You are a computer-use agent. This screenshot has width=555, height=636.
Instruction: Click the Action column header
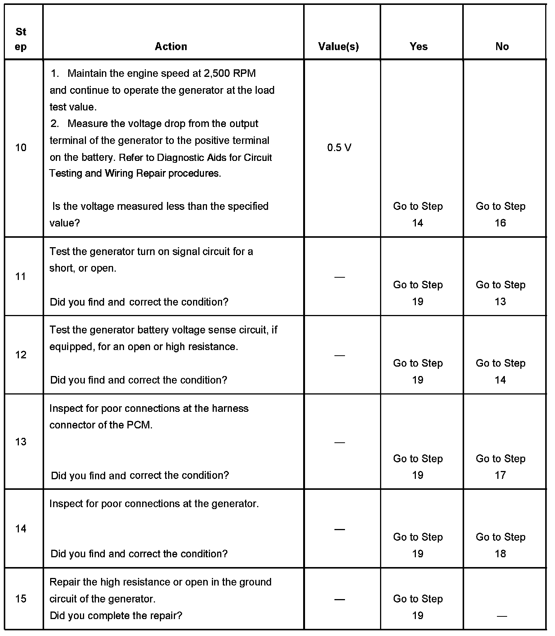point(171,46)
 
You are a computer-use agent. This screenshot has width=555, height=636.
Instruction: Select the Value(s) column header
point(338,46)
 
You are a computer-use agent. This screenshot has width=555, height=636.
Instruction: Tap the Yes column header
point(419,46)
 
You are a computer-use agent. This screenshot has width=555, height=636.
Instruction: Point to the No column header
point(502,46)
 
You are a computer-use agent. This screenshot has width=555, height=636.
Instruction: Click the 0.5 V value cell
point(339,148)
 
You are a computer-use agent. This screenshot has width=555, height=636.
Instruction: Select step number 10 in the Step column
point(21,148)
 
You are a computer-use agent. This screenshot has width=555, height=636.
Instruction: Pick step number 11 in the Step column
point(21,277)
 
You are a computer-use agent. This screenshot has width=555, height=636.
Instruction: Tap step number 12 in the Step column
point(21,355)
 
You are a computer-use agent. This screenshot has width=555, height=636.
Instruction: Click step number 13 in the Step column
point(21,442)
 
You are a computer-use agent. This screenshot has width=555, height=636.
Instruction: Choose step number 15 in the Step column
point(21,599)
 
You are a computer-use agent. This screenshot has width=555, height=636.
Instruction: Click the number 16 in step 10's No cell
point(500,223)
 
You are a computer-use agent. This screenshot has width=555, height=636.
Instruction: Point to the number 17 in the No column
point(500,475)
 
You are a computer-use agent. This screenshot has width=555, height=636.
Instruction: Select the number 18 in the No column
point(500,554)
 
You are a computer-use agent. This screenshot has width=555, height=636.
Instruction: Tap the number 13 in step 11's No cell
point(500,302)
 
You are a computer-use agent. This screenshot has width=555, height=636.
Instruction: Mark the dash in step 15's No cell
point(501,616)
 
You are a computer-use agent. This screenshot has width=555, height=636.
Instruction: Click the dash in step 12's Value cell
point(339,355)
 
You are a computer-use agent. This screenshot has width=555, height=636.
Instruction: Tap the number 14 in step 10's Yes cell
point(417,223)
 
